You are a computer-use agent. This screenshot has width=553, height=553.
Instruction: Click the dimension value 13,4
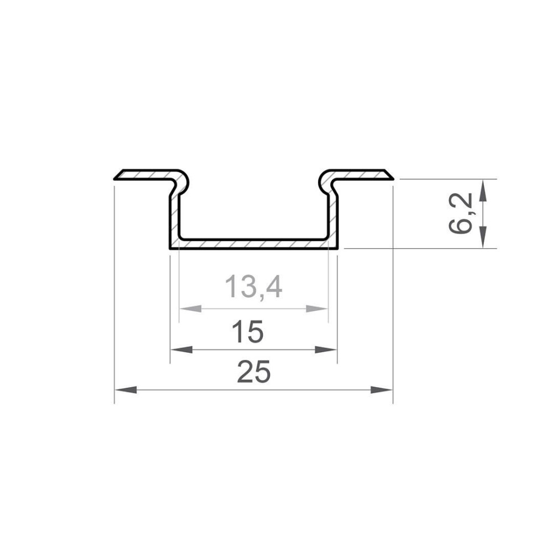[254, 288]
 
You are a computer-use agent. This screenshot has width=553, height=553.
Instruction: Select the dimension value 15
[247, 333]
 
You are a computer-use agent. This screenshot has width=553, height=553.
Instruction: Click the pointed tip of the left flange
[115, 179]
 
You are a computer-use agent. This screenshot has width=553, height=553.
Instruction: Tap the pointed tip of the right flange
[393, 178]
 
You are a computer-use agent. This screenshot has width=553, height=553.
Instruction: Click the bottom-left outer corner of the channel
[169, 248]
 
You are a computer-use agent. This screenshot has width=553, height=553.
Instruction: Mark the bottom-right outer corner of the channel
[338, 248]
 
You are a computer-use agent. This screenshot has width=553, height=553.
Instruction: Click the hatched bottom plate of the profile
[254, 244]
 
